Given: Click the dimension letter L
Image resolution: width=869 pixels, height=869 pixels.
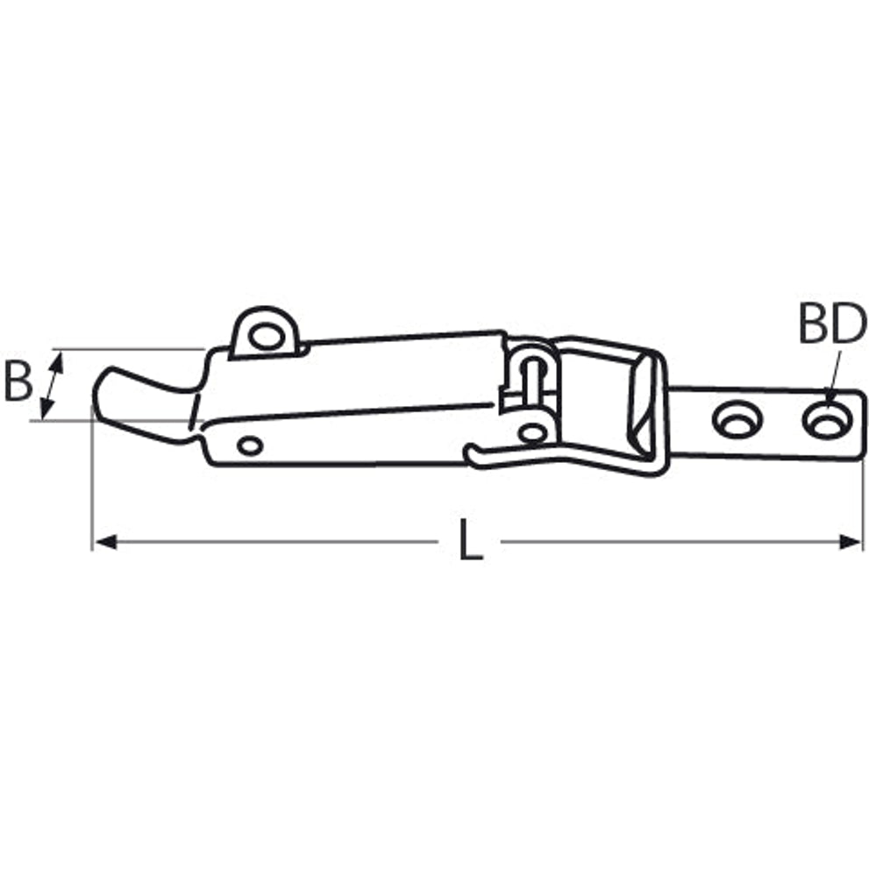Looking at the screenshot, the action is tap(471, 539).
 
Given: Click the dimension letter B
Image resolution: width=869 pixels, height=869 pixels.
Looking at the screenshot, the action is tap(18, 381).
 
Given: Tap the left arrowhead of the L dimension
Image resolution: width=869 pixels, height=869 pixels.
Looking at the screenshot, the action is tap(105, 541).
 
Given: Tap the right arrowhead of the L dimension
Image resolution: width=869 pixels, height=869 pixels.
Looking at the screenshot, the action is tap(851, 541).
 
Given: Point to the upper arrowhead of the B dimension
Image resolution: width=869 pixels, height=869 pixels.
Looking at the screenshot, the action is tap(58, 362).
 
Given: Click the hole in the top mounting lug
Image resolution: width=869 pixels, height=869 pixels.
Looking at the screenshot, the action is tap(266, 337).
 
